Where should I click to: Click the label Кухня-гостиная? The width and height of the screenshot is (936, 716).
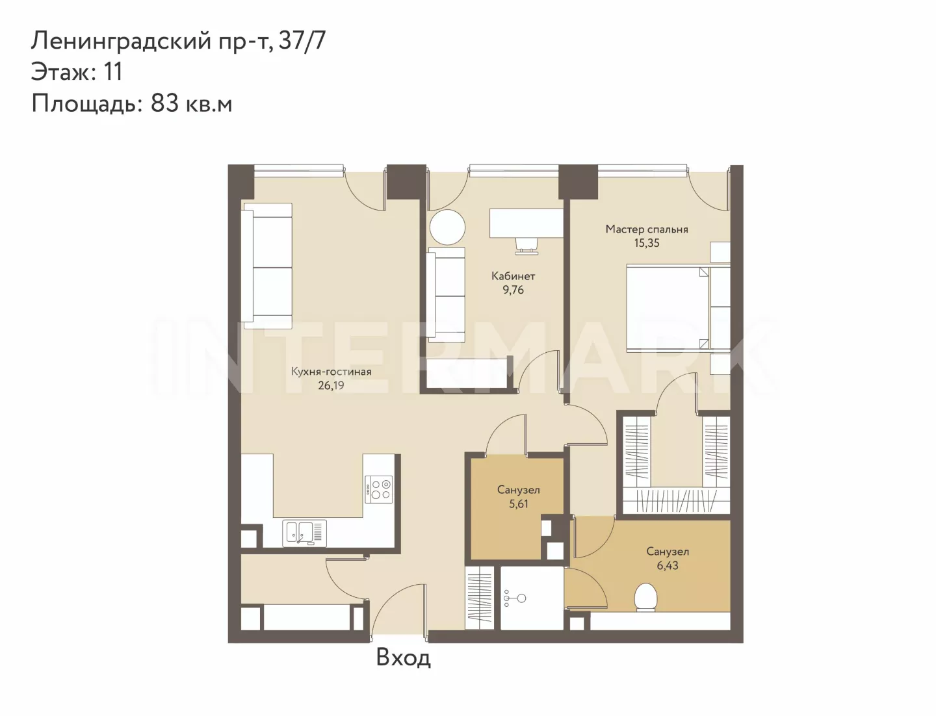[x=331, y=372]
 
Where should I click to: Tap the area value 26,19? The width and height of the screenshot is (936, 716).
[x=331, y=386]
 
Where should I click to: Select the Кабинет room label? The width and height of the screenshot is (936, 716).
[x=513, y=276]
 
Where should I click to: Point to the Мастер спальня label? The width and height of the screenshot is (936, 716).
[x=647, y=229]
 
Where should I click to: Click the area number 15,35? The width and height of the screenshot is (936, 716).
[x=647, y=244]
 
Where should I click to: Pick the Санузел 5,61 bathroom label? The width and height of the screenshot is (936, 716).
[x=519, y=497]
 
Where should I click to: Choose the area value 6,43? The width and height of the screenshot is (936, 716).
[x=668, y=565]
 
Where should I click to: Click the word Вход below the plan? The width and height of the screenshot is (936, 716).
[x=404, y=658]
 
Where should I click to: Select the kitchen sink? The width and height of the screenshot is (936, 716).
[x=304, y=533]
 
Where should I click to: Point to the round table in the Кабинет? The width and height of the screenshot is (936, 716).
[x=447, y=227]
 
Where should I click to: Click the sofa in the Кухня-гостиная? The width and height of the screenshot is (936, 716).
[x=267, y=266]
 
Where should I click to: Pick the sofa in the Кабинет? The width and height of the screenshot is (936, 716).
[x=446, y=295]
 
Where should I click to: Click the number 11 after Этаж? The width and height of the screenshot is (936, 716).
[x=113, y=71]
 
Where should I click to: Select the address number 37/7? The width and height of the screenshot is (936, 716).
[x=302, y=42]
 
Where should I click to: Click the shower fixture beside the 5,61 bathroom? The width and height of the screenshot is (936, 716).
[x=514, y=598]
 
